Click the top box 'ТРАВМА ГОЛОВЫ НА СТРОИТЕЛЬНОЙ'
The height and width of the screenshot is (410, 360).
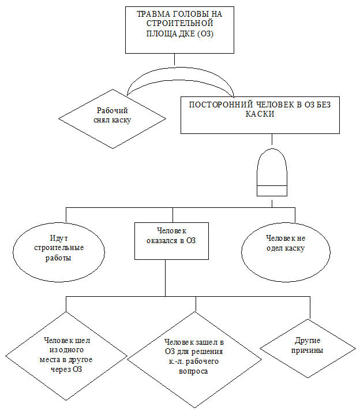179,30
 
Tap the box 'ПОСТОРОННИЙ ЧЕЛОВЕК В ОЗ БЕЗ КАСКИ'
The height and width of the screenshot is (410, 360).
260,114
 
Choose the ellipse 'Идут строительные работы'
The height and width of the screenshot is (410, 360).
58,248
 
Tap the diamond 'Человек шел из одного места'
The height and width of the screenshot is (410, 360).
67,355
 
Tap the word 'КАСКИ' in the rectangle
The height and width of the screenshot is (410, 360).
260,114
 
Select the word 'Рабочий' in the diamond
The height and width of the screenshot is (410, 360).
112,111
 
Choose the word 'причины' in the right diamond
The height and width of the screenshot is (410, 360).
307,351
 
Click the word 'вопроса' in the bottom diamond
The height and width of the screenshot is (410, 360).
193,371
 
